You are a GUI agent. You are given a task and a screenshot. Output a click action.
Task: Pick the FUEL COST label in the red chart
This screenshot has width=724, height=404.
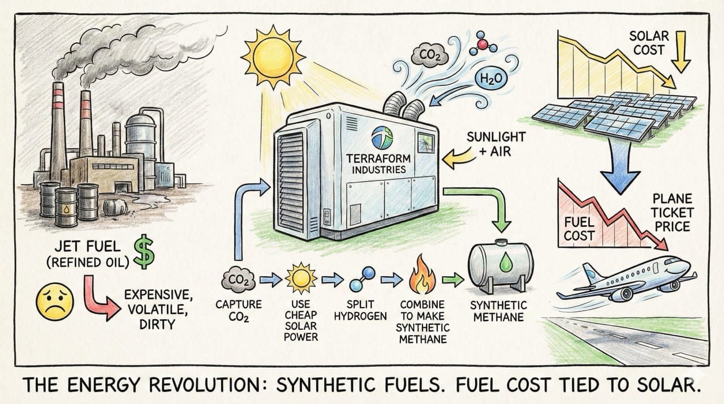point(579,229)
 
